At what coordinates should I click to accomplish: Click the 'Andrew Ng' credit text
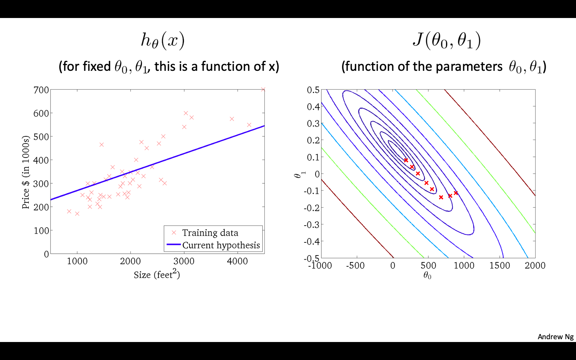(555, 336)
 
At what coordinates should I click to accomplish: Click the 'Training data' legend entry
(210, 233)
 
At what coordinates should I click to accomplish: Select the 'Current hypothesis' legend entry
(221, 245)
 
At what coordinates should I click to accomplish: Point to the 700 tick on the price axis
(41, 90)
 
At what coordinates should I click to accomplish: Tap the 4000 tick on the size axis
(237, 261)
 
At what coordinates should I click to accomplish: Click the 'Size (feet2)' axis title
(157, 274)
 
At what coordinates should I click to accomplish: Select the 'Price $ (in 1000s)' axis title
(26, 172)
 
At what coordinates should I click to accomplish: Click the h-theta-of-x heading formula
(162, 40)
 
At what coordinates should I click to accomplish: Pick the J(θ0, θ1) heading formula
(446, 40)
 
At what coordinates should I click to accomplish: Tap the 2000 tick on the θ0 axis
(535, 266)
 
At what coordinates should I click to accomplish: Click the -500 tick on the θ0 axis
(355, 266)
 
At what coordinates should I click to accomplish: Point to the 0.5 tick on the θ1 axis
(313, 90)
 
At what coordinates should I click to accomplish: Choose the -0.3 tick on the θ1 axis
(312, 224)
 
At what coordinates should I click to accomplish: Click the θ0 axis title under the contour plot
(427, 276)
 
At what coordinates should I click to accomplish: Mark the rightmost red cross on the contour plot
(456, 193)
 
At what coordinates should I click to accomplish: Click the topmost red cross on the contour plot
(406, 160)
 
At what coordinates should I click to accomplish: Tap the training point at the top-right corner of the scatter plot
(263, 90)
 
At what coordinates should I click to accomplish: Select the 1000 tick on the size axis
(77, 261)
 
